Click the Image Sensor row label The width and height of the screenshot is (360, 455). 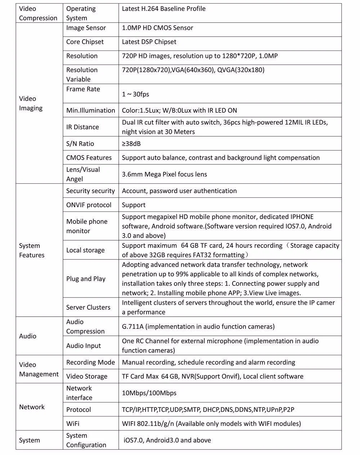point(86,28)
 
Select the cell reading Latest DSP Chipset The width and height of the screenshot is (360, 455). point(149,42)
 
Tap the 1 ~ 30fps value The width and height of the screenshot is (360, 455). point(135,94)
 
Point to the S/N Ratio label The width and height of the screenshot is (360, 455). point(80,144)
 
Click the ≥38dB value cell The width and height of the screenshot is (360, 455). point(131,144)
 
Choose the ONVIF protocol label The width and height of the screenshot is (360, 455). point(89,205)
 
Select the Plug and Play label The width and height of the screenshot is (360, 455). point(86,279)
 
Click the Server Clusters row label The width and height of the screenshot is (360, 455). point(88,307)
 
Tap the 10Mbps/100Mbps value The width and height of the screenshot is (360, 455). point(149,393)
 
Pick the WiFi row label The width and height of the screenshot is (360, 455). point(73,424)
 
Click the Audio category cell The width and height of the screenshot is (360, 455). point(28,336)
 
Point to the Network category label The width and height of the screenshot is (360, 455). point(32,407)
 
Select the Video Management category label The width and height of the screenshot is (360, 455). point(39,369)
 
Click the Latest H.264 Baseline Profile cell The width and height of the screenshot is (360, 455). point(164,9)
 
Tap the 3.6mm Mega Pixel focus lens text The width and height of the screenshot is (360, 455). point(165,174)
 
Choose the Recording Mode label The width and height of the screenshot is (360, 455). point(90,362)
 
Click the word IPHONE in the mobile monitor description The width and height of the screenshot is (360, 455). point(302,217)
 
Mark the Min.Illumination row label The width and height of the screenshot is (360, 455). point(90,111)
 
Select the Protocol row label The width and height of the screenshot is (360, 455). point(78,410)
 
